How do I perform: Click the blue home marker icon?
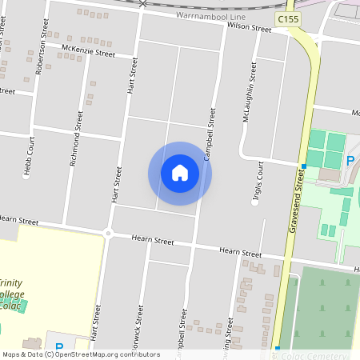[180, 173]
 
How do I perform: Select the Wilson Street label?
[249, 27]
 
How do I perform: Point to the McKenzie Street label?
[87, 50]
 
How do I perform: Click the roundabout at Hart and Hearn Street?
[107, 234]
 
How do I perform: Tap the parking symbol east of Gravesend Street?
[350, 162]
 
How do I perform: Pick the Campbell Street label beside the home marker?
[210, 135]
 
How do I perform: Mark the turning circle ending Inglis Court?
[255, 202]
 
